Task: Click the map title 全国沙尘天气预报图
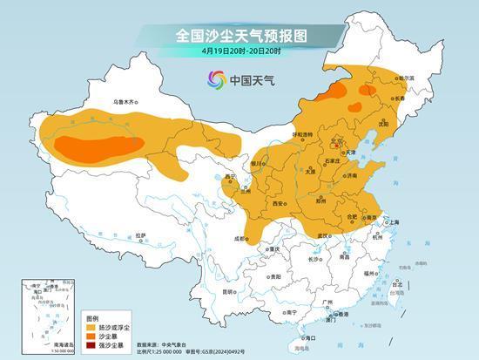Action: tap(239, 35)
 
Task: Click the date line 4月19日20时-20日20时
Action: tap(239, 51)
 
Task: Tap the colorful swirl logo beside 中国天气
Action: tap(215, 80)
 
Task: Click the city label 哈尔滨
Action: tap(406, 78)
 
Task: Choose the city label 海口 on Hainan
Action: tap(307, 336)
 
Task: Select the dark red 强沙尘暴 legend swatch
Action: tap(91, 347)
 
